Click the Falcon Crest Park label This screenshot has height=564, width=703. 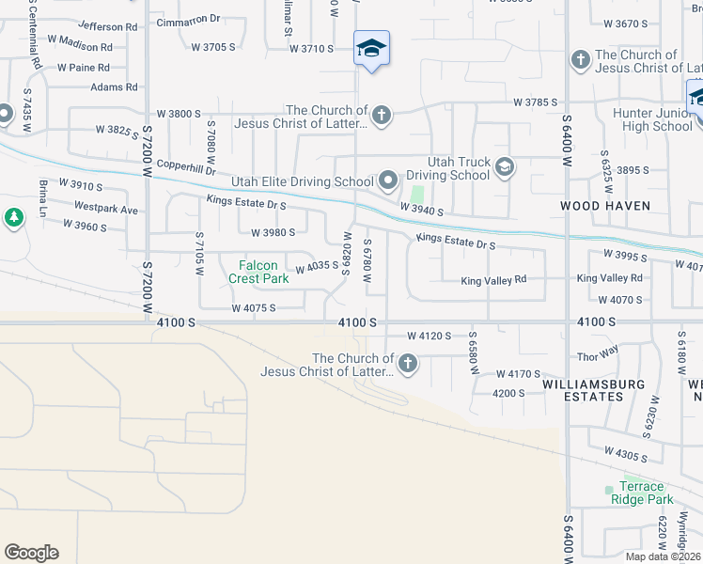258,273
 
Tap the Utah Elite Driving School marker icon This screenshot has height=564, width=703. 387,180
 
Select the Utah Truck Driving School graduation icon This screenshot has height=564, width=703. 505,167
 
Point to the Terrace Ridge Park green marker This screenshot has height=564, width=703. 609,489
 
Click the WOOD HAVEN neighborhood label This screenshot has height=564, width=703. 600,205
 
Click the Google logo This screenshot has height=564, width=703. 31,553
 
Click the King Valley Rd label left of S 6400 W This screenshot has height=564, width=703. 492,281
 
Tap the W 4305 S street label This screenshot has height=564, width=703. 625,456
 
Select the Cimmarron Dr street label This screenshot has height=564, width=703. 188,19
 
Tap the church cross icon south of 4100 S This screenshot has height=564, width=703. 407,364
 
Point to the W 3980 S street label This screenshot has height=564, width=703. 273,232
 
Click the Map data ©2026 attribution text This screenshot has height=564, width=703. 664,556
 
